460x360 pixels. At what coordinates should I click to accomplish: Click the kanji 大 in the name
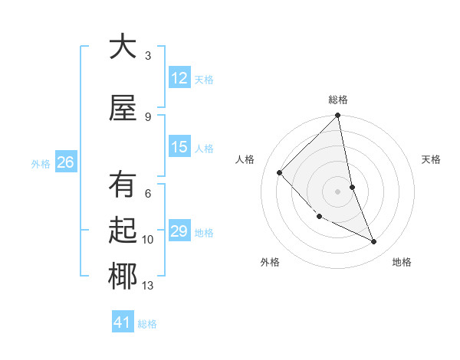tap(123, 47)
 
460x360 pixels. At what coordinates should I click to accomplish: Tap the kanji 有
tap(123, 185)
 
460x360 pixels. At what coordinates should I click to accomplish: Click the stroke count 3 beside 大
tap(148, 55)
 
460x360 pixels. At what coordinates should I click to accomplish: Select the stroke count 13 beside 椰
tap(148, 286)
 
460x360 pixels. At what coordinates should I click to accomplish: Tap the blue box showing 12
tap(179, 78)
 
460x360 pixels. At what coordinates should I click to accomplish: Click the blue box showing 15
tap(179, 147)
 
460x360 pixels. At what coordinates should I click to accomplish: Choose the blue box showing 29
tap(179, 231)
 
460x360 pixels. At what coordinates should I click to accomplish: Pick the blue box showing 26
tap(65, 162)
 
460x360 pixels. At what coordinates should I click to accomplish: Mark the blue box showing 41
tap(123, 322)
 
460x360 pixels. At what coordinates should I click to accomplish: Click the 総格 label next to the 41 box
tap(147, 324)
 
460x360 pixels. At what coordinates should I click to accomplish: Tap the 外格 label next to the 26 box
tap(41, 163)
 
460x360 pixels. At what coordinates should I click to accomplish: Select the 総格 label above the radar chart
tap(338, 100)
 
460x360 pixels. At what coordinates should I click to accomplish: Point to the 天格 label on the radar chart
tap(432, 159)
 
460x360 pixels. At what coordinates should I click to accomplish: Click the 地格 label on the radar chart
tap(402, 262)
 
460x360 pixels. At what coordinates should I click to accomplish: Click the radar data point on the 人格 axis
tap(280, 172)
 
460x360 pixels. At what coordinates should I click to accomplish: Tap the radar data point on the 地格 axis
tap(374, 242)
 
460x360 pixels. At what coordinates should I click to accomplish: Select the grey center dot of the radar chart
tap(338, 191)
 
